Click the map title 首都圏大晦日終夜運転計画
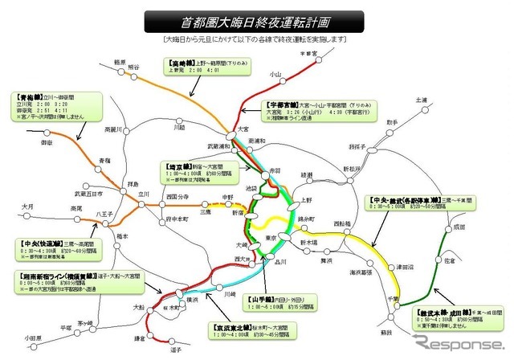(x=257, y=18)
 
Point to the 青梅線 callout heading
(x=29, y=97)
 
